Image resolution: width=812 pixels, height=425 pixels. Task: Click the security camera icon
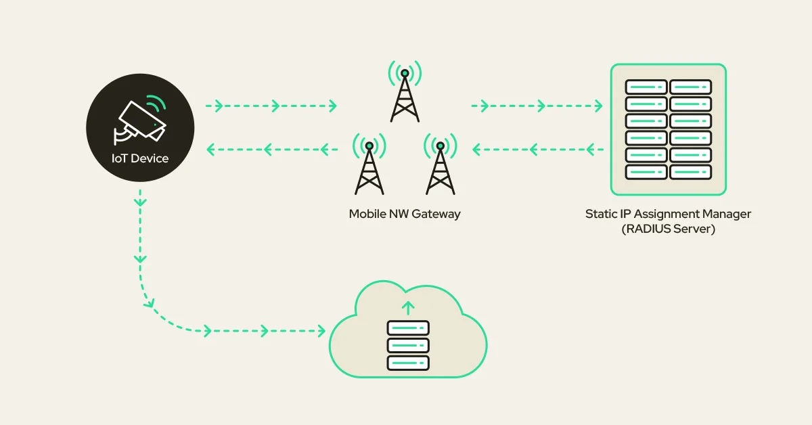coord(139,121)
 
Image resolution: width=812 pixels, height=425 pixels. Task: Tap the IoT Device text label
coord(140,159)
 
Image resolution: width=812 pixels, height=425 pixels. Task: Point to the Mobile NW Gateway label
coord(405,214)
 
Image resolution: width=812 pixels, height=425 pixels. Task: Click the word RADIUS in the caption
coord(650,229)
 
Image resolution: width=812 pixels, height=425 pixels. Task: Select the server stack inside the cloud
coord(407,345)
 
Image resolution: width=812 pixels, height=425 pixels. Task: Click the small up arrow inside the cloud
coord(407,309)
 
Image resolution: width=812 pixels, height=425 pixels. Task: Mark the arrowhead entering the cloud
coord(321,331)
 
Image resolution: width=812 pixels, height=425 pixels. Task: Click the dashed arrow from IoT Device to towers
coord(271,106)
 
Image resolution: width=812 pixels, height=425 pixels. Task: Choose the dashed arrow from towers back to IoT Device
coord(271,148)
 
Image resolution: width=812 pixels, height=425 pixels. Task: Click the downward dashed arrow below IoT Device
coord(140,230)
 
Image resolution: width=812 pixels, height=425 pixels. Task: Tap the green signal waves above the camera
coord(157,103)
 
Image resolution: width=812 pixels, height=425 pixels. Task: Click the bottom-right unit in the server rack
coord(691,172)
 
